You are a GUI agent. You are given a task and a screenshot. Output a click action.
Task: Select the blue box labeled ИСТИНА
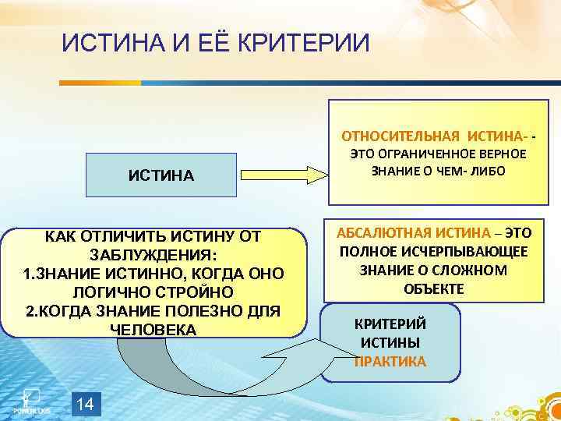[161, 175]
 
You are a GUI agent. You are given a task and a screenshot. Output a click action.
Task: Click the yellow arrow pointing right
[277, 175]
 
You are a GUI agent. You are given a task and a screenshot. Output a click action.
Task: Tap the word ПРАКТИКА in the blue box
[390, 362]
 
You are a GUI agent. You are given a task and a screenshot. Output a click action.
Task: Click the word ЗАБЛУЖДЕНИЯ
[153, 256]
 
